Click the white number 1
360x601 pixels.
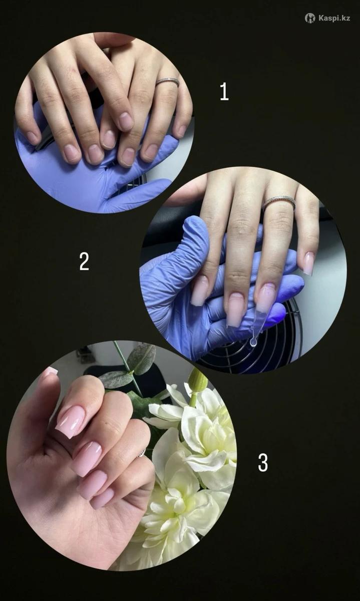(x=224, y=92)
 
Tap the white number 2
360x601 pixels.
(x=84, y=261)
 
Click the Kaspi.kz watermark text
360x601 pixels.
(x=334, y=18)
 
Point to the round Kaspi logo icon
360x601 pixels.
(x=310, y=18)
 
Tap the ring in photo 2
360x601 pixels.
(x=279, y=203)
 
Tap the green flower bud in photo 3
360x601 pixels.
(x=198, y=382)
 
